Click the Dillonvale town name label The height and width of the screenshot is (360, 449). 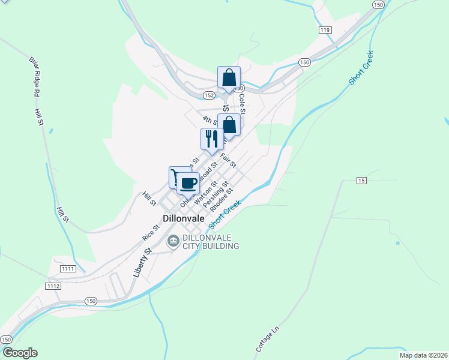(184, 220)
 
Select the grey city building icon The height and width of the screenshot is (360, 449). (173, 241)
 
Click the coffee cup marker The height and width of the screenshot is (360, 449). (188, 182)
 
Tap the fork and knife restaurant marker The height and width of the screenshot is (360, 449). (211, 139)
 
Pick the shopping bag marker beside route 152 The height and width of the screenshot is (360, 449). (229, 78)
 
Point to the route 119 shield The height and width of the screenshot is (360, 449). (325, 29)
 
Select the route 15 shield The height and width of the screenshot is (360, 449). (361, 180)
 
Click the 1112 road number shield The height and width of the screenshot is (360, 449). (53, 286)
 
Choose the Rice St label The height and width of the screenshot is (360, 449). (151, 233)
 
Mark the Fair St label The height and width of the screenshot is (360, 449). (228, 160)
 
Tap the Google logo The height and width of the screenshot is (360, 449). (20, 353)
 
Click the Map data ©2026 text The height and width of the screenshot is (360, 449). (423, 355)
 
